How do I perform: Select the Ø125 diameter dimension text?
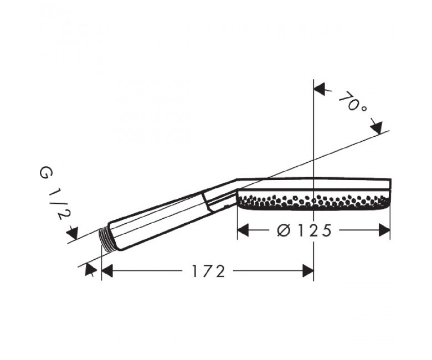(304, 230)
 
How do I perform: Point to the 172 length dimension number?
(209, 271)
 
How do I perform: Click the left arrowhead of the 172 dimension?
(107, 271)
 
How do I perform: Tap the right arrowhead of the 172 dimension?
(308, 271)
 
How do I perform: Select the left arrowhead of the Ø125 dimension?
(243, 230)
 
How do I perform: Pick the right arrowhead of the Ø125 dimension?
(384, 230)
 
